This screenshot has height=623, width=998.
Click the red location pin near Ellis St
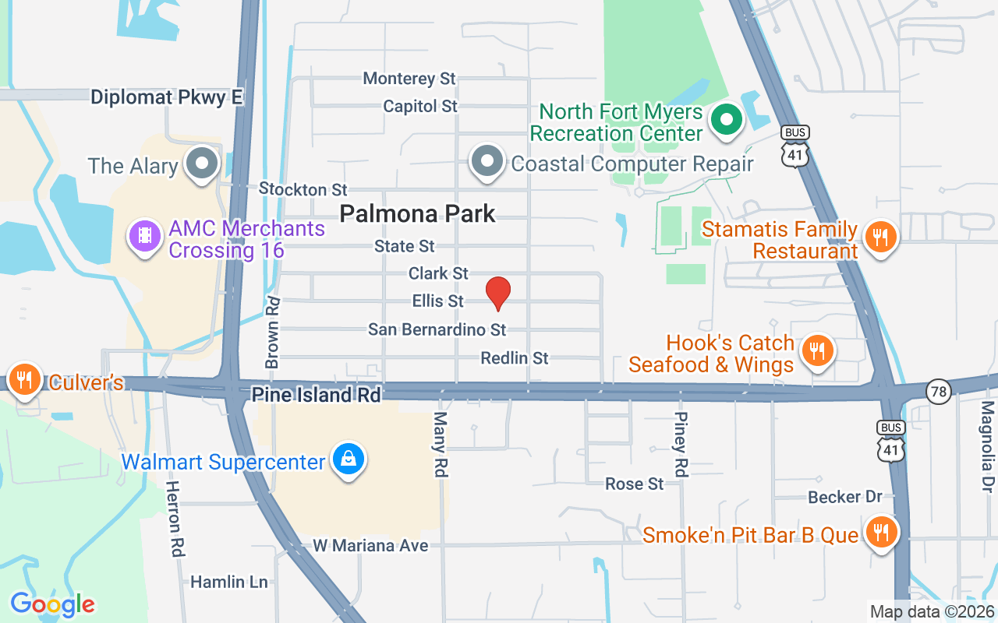[x=497, y=293]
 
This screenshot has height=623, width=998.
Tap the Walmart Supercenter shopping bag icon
[x=349, y=459]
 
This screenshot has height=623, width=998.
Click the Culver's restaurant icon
[x=25, y=379]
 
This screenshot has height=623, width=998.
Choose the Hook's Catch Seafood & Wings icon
[x=817, y=350]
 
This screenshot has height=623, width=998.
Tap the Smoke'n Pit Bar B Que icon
[x=881, y=533]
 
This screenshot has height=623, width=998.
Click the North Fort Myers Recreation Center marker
[x=727, y=120]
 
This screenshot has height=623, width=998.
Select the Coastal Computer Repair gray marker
[x=488, y=161]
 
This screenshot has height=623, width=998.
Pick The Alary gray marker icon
[x=203, y=164]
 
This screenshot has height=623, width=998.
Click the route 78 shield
[x=940, y=391]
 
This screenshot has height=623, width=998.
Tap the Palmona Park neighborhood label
[x=417, y=213]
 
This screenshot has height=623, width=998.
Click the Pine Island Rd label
[x=316, y=396]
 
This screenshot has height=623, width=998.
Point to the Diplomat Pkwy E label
[x=167, y=97]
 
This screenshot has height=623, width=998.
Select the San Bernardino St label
[x=437, y=330]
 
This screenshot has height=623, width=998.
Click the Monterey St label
[x=409, y=79]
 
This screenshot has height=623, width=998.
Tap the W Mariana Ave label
[x=370, y=546]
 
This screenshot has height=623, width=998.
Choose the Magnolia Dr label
[x=988, y=446]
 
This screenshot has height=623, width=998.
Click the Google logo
[x=52, y=604]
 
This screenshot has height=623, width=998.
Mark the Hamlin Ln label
[x=228, y=583]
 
